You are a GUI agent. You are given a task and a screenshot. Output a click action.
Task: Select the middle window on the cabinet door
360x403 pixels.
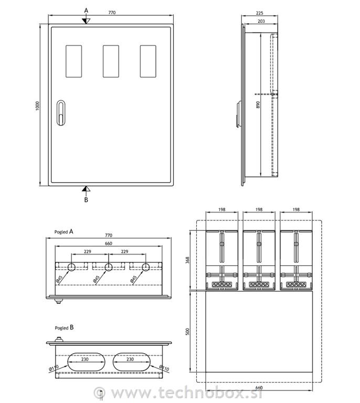(111, 61)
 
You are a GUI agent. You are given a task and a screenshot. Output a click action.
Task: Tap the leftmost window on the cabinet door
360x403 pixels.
(73, 61)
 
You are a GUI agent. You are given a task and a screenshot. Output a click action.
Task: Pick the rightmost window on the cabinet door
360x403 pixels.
(148, 61)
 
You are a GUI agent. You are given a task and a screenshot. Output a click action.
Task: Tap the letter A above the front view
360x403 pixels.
(87, 10)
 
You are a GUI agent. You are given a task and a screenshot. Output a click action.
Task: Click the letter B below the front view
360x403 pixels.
(87, 200)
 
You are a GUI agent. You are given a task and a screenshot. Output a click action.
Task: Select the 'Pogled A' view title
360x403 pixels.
(63, 231)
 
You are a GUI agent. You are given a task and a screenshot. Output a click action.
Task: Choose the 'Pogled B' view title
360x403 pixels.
(63, 327)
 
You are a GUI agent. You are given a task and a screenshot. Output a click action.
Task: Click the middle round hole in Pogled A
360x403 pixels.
(108, 268)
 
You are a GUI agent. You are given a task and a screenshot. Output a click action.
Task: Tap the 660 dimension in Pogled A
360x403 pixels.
(108, 243)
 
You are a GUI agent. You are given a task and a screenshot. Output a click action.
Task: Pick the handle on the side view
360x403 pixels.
(238, 114)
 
